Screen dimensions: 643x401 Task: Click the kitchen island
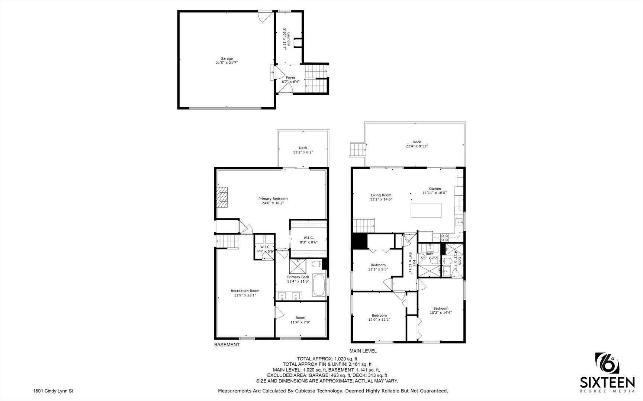[426, 210]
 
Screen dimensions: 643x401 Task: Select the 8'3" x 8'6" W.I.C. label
[309, 240]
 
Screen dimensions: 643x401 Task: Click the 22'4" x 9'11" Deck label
[417, 144]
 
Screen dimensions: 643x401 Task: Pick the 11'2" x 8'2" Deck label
[303, 150]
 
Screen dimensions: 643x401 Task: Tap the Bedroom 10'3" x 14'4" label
[441, 310]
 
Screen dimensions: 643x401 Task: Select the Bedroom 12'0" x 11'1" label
[379, 317]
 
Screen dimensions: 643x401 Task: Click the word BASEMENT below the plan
[227, 345]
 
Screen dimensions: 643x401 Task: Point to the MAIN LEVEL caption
[363, 351]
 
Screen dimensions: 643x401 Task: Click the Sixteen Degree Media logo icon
[608, 369]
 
